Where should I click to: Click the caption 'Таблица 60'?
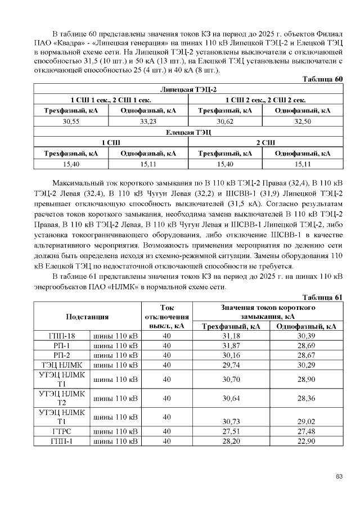[322, 79]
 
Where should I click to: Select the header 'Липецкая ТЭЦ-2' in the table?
[188, 89]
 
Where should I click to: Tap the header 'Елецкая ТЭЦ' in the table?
[188, 132]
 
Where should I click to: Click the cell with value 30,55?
[71, 121]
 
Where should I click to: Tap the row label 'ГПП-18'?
[62, 336]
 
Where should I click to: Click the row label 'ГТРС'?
[62, 431]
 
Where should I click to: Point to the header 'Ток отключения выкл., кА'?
[166, 317]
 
